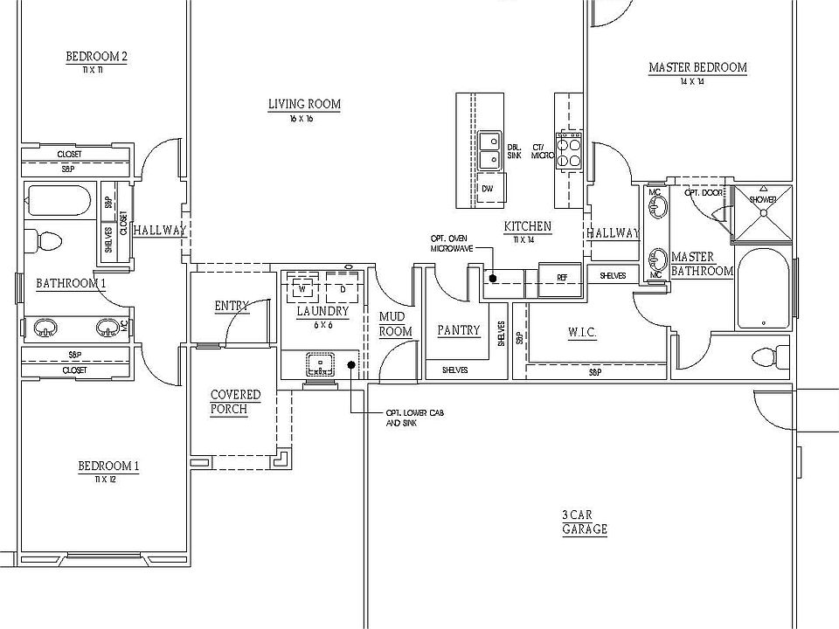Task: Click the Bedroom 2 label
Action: click(96, 58)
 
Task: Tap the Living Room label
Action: click(304, 105)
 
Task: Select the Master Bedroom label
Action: click(697, 68)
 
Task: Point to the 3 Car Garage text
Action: click(584, 522)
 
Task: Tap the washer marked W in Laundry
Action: click(303, 287)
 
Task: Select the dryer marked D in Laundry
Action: click(342, 287)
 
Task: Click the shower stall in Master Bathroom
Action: click(761, 214)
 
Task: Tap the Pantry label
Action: click(459, 330)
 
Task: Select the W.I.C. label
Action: click(581, 332)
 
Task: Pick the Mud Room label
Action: click(395, 324)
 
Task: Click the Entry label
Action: click(232, 306)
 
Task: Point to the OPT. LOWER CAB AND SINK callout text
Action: click(414, 418)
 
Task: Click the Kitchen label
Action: click(528, 227)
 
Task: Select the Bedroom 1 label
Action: click(107, 466)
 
